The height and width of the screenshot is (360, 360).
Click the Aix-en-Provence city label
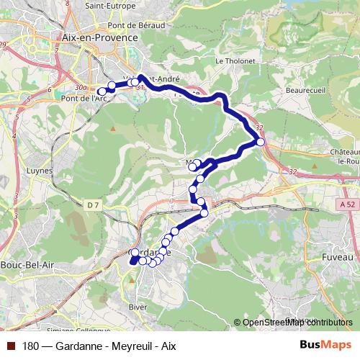(100, 37)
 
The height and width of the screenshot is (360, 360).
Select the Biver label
(137, 307)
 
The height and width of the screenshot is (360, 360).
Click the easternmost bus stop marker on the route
(261, 142)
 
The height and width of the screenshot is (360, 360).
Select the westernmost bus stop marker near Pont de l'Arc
(102, 91)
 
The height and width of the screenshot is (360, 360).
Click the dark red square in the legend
(12, 346)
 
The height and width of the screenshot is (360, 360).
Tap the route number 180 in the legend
(31, 346)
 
